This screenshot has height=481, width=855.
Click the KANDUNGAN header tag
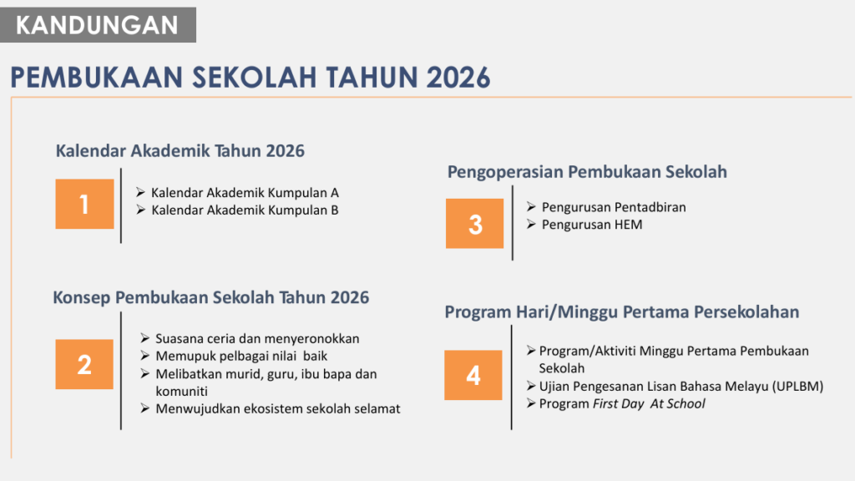pos(98,25)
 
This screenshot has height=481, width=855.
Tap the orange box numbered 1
pos(84,204)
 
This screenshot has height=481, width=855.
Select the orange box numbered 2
pos(84,364)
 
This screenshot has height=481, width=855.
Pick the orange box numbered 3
pos(474,224)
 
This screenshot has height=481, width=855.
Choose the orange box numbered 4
pos(473,375)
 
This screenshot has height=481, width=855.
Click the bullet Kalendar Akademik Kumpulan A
pos(244,193)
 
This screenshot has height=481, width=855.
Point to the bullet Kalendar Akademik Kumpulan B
pos(244,210)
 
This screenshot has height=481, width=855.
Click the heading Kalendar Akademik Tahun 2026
pos(180,151)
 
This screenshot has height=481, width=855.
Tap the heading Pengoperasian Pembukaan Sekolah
pos(587,172)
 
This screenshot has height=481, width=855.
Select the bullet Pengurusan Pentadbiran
pos(613,207)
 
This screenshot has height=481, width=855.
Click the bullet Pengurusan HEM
pos(591,225)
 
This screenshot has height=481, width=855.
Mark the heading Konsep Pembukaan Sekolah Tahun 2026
pos(211,298)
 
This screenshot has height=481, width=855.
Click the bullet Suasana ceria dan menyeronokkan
pos(257,338)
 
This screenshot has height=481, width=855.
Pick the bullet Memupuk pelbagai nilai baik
pos(241,357)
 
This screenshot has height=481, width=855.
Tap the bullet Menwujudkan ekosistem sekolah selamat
pos(277,408)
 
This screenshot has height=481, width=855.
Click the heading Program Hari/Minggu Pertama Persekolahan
pos(622,312)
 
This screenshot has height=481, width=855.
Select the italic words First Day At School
pos(649,404)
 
